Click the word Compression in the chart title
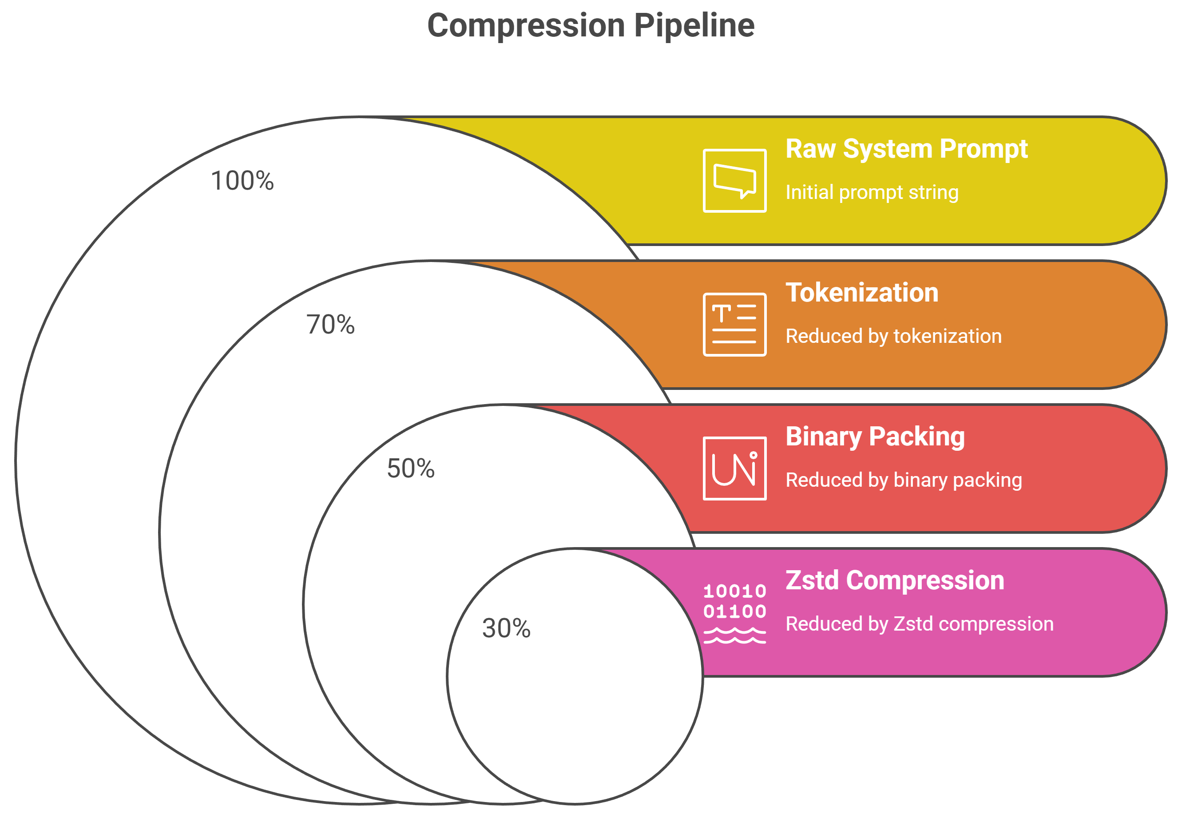click(526, 26)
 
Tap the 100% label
click(242, 181)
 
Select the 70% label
click(330, 325)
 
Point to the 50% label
click(410, 469)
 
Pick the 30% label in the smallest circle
click(506, 628)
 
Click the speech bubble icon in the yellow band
click(734, 181)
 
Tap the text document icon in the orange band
click(734, 325)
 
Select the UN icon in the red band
click(734, 469)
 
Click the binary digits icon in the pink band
click(734, 601)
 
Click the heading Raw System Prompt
click(906, 149)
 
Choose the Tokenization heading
click(862, 293)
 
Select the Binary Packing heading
click(875, 437)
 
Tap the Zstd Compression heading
click(895, 580)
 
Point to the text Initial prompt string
click(872, 192)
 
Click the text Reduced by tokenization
click(893, 336)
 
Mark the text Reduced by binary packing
click(904, 480)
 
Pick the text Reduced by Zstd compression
click(920, 624)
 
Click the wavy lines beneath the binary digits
click(734, 635)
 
